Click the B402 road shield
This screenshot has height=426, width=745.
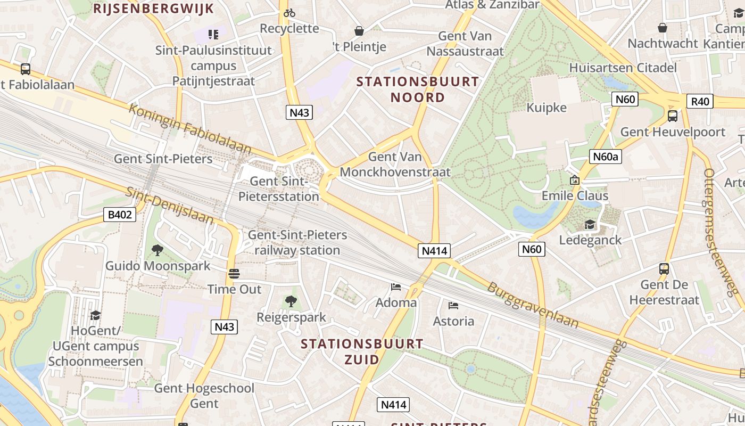(x=120, y=215)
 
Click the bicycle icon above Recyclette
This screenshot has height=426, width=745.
(x=289, y=13)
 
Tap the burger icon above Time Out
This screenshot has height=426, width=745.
(x=234, y=274)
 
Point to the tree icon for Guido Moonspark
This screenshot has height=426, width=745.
(x=157, y=250)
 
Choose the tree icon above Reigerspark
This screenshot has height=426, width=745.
(x=291, y=302)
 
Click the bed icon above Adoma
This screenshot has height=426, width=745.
(x=396, y=287)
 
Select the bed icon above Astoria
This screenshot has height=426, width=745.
(x=453, y=306)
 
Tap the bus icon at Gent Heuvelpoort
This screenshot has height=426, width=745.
(x=673, y=116)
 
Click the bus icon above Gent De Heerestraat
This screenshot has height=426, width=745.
(x=664, y=269)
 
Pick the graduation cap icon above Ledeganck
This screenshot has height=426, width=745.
(x=590, y=225)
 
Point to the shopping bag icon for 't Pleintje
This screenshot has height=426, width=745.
(x=359, y=31)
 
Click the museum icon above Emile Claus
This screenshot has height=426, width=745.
(x=574, y=180)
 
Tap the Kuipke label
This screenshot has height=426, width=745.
(x=547, y=108)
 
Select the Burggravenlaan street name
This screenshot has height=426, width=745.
(x=533, y=305)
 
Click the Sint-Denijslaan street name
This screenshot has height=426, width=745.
(x=170, y=206)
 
